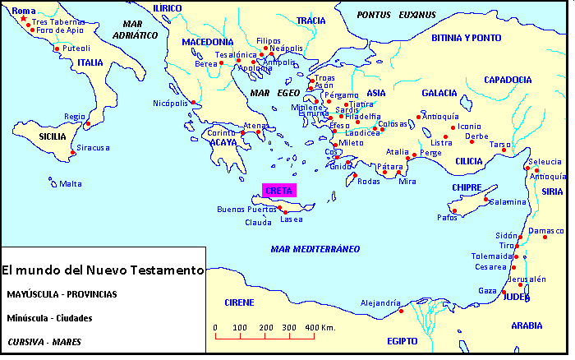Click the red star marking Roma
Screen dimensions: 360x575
point(22,20)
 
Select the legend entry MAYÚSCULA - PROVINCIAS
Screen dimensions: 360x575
point(62,293)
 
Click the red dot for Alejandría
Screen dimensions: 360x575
point(401,311)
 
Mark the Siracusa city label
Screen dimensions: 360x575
point(94,148)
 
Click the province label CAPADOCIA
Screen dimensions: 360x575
point(508,80)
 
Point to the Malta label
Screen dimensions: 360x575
point(71,183)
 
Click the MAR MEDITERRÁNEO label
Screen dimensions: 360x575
point(316,248)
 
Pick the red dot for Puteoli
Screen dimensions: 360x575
point(56,49)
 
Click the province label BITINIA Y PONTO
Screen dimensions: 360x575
point(466,38)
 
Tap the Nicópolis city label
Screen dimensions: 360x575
point(170,104)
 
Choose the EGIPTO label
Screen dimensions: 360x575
point(402,340)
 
